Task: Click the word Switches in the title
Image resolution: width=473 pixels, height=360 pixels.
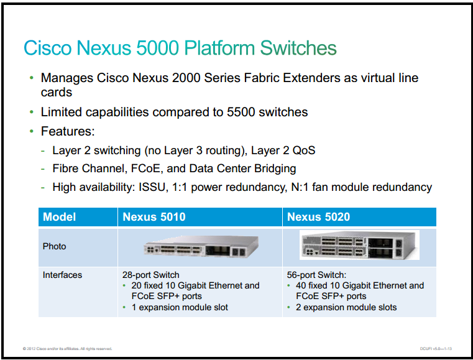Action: click(298, 48)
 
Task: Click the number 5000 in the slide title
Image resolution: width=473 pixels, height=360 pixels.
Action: click(157, 48)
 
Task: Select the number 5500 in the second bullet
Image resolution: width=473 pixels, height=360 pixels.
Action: click(241, 112)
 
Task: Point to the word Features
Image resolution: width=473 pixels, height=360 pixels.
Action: click(68, 131)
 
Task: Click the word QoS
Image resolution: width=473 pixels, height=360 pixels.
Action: click(304, 150)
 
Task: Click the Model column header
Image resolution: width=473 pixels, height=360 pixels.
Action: click(60, 216)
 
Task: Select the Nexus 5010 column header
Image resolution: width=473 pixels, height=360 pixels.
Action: click(154, 216)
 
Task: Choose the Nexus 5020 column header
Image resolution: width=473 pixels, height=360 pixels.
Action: click(319, 216)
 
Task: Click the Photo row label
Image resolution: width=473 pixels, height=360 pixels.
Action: click(54, 246)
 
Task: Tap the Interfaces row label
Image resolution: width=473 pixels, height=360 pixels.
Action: click(62, 275)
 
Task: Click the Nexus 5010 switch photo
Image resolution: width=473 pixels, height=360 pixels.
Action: click(201, 247)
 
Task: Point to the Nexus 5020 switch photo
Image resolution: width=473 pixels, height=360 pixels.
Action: click(359, 245)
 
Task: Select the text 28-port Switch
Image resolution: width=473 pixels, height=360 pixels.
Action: click(151, 275)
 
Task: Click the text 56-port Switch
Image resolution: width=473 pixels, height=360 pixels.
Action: click(316, 275)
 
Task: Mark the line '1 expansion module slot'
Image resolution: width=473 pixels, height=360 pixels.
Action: click(180, 307)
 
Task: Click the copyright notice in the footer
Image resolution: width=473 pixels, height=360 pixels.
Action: click(67, 349)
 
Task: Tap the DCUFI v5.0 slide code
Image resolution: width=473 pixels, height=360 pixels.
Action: click(436, 349)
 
